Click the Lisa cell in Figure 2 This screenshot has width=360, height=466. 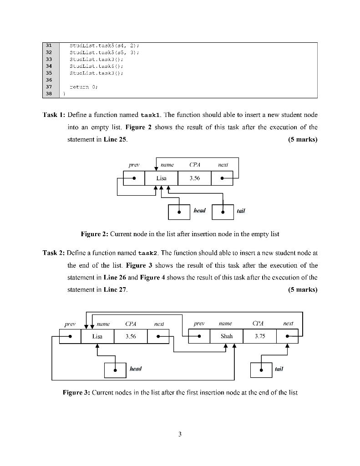point(161,178)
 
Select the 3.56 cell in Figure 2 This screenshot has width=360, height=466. point(194,178)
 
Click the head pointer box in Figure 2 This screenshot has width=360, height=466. point(179,211)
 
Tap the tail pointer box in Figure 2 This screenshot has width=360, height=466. point(223,211)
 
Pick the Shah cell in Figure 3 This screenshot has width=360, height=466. point(226,336)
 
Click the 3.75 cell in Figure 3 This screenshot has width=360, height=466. point(260,336)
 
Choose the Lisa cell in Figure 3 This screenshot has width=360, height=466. point(97,337)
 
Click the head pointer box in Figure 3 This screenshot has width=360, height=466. point(115,370)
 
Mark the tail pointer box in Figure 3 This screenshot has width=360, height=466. point(261,370)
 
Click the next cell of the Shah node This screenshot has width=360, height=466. point(288,336)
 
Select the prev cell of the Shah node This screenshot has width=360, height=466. point(199,336)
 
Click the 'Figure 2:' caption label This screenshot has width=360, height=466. point(94,234)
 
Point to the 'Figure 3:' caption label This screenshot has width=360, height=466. point(76,392)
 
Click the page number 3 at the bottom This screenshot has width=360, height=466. point(180,435)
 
